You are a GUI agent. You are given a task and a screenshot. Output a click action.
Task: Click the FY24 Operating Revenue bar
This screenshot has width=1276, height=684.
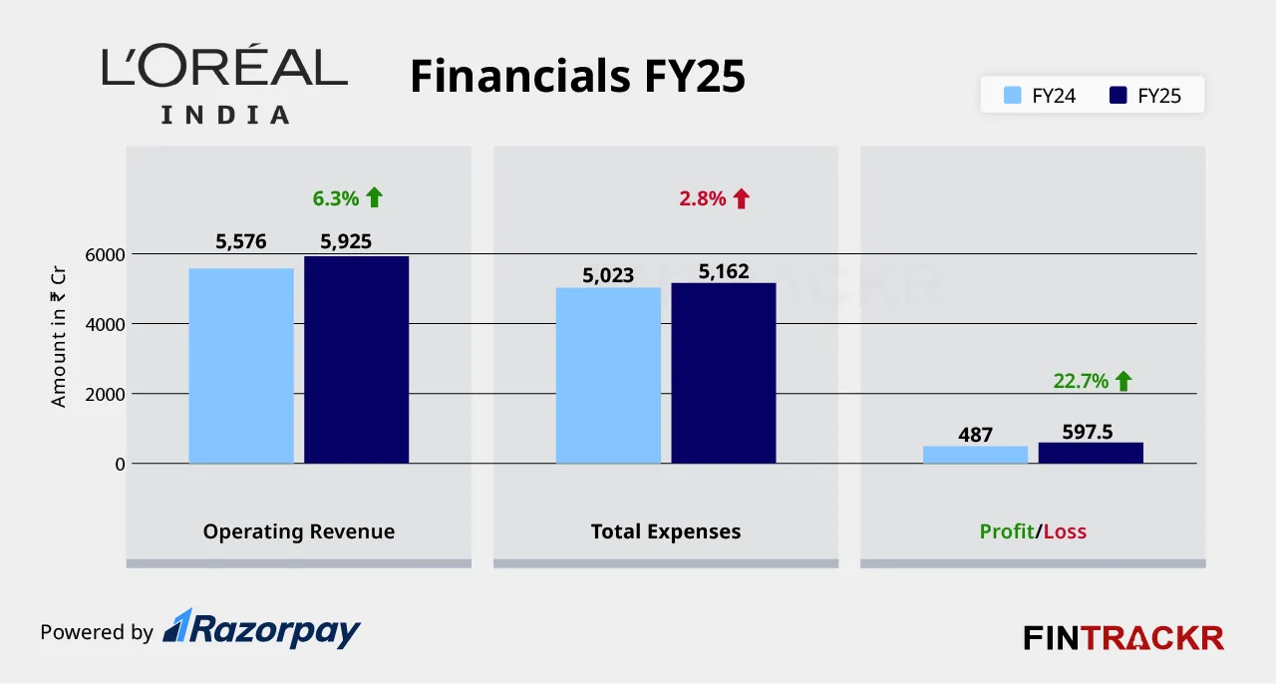(x=241, y=366)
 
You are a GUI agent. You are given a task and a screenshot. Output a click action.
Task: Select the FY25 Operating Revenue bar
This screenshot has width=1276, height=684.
(x=356, y=360)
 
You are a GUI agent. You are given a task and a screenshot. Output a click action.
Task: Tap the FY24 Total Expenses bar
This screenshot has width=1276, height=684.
(x=608, y=376)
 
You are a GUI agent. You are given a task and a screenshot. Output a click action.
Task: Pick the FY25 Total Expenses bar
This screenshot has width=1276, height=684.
(x=723, y=374)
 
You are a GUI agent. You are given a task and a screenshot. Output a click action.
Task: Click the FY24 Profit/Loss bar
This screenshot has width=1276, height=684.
(x=975, y=455)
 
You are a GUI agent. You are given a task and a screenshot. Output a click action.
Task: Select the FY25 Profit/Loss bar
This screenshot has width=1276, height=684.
(x=1091, y=453)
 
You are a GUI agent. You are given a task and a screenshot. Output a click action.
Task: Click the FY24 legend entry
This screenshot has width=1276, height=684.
(x=1040, y=97)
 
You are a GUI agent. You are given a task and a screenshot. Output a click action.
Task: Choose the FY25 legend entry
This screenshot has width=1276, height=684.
(x=1145, y=97)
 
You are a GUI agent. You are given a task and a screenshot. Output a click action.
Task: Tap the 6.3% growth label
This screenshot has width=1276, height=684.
(x=335, y=198)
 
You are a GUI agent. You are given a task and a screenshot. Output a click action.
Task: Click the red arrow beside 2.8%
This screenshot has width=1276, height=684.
(x=741, y=198)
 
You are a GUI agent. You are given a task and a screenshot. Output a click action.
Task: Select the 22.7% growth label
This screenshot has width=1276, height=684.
(x=1081, y=381)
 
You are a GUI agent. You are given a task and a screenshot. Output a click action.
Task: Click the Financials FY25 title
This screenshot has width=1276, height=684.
(x=577, y=77)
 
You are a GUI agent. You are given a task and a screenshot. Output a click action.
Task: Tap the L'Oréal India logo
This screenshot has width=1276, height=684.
(x=225, y=85)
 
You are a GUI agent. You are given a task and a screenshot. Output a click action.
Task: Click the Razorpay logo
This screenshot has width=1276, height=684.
(x=261, y=629)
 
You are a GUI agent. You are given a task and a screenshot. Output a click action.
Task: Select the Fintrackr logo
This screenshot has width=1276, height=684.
(x=1123, y=637)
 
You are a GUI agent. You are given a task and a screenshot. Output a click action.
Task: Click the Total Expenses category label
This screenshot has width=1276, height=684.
(x=666, y=531)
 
